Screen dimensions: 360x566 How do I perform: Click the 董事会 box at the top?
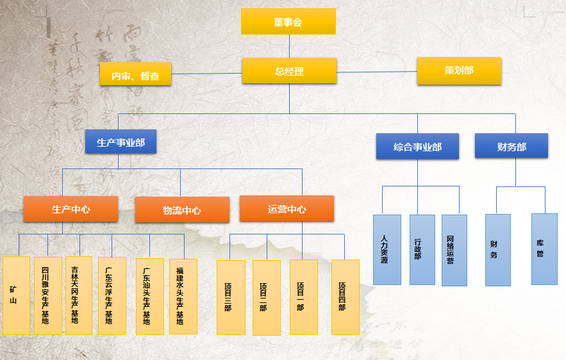[x=288, y=22]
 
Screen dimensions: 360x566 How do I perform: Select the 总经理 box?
[x=289, y=71]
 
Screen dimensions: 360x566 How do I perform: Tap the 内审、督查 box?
[x=136, y=75]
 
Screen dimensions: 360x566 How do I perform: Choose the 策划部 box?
[x=458, y=70]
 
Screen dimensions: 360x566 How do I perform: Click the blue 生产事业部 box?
[x=121, y=142]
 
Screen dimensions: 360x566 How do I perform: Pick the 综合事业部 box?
[x=417, y=146]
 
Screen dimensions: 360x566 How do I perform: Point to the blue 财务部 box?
[x=511, y=146]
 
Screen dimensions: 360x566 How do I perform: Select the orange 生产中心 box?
[x=71, y=209]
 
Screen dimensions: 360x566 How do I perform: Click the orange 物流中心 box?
[x=182, y=210]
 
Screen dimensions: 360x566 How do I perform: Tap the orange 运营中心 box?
[x=287, y=209]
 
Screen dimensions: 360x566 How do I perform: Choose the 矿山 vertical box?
[x=16, y=295]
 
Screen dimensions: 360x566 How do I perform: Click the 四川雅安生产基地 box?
[x=48, y=295]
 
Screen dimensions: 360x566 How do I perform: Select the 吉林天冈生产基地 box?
[x=79, y=295]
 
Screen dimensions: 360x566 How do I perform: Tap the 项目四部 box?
[x=345, y=297]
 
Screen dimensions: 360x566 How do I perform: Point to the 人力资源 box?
[x=387, y=250]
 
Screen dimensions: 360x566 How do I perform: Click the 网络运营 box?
[x=454, y=250]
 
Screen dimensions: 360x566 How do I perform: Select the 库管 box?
[x=544, y=249]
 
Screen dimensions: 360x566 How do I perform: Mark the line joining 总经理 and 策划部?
[x=377, y=72]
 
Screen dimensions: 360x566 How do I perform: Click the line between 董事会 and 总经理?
[x=289, y=46]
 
